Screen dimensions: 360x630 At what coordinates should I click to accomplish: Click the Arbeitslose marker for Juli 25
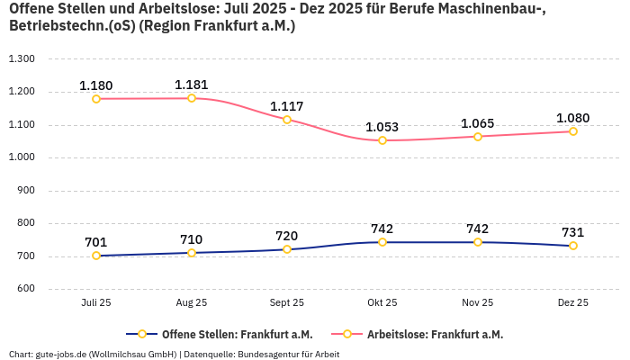coord(96,99)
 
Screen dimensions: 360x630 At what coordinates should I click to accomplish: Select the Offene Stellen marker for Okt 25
coord(382,242)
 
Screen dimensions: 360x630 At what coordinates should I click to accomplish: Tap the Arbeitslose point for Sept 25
coord(287,120)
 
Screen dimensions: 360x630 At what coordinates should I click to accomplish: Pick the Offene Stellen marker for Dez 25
coord(573,246)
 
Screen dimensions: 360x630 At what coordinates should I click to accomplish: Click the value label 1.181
coord(192,85)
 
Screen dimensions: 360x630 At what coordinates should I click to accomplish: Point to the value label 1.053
coord(382,127)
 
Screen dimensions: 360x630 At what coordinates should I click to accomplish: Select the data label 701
coord(96,241)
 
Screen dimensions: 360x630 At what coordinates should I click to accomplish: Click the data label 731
coord(573,231)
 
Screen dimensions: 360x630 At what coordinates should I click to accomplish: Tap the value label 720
coord(287,235)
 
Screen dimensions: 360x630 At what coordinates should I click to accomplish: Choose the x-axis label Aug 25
coord(192,303)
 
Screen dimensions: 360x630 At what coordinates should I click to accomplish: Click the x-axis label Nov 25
coord(478,303)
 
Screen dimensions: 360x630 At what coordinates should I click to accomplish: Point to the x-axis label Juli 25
coord(96,303)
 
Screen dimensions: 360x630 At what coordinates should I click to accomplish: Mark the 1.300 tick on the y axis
coord(21,58)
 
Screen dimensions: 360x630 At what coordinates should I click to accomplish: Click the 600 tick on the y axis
coord(24,289)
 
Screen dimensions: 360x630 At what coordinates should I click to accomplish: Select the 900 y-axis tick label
coord(24,190)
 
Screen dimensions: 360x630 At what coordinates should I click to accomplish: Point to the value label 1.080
coord(573,118)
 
